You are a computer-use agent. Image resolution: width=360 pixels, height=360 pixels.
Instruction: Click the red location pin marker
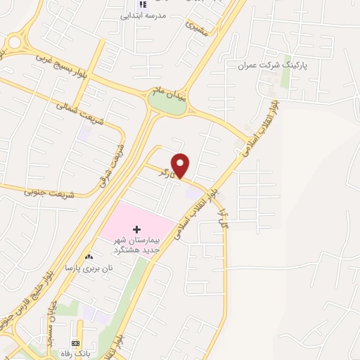(x=181, y=165)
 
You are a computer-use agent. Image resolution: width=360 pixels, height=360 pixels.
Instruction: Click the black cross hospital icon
(x=136, y=229)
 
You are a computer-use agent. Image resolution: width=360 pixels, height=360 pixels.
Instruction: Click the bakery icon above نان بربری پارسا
(x=88, y=258)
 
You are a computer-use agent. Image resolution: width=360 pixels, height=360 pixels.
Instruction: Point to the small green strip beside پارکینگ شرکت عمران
(x=285, y=77)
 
